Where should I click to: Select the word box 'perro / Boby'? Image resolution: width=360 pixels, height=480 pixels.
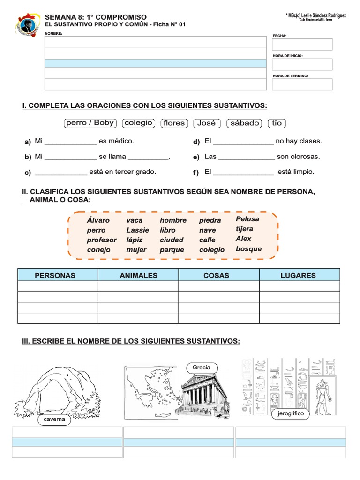coord(90,123)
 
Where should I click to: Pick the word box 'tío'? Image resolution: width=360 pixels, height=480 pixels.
coord(277,123)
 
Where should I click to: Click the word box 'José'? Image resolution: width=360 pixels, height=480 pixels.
coord(207,123)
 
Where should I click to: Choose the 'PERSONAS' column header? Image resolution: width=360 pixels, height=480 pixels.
coord(58,275)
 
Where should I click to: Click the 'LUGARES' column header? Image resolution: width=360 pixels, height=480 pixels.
coord(298,275)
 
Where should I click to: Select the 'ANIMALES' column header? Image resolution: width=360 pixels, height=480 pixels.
coord(138,275)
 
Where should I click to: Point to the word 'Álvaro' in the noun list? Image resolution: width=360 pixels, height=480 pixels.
coord(98,220)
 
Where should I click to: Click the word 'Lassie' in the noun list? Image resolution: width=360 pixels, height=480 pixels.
coord(137,230)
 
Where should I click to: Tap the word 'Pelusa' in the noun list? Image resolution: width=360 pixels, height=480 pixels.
coord(247,219)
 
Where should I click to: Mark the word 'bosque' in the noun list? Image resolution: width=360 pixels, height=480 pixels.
coord(248,249)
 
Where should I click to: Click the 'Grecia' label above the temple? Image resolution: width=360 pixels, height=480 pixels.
coord(201,367)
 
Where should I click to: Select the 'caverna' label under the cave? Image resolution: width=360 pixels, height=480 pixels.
coord(54,420)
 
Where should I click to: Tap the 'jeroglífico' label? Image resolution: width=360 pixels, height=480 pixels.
coord(291,413)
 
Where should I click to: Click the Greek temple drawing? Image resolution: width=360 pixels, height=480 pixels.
coord(202,394)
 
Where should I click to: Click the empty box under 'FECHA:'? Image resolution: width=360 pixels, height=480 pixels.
coord(302,45)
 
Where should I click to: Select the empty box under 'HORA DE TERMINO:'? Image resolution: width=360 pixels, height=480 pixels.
coord(302,84)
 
